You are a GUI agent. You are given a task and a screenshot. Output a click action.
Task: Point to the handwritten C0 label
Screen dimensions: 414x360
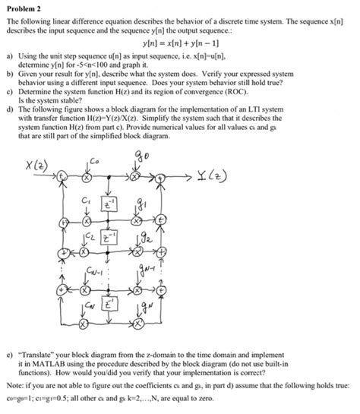tap(94, 162)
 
